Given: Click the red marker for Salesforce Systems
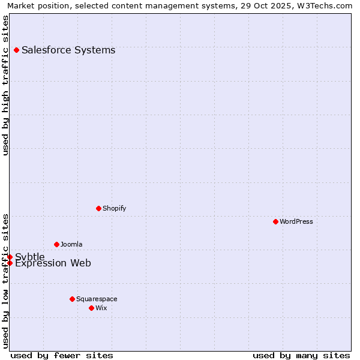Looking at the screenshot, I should point(16,50).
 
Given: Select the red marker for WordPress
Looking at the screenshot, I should point(275,221).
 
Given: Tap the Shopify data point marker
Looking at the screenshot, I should point(98,208).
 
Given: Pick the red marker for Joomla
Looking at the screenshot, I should point(56,244).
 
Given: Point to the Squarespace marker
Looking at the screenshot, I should point(72,299).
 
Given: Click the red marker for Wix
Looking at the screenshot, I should point(91,308).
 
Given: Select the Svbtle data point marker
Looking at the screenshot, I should point(10,257).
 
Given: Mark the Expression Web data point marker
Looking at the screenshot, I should point(10,263).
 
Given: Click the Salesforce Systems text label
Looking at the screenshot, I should point(68,50).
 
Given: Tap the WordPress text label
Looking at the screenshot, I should point(296,221).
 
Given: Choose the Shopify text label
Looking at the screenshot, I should point(114,208).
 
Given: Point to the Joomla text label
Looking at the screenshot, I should point(71,244).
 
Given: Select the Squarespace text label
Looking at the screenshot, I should point(97,299).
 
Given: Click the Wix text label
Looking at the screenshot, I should point(101,308).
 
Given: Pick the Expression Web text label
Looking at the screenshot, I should point(53,263).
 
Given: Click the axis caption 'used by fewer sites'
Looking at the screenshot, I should point(62,355).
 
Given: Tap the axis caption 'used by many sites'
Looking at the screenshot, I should point(301,355).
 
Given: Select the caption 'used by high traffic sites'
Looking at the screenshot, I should point(5,85).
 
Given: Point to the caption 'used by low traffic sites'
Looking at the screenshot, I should point(5,281).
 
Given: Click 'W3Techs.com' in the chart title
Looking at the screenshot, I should point(325,6).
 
